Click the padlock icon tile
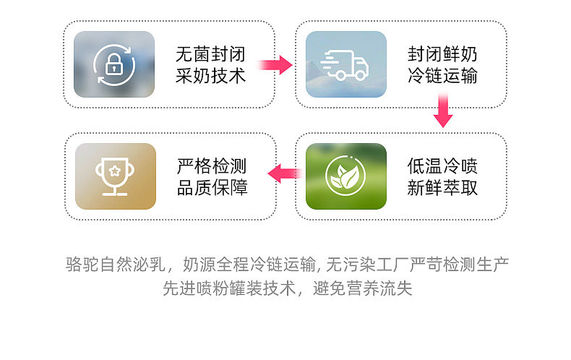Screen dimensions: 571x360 (x=114, y=64)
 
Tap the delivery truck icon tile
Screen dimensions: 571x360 (x=345, y=64)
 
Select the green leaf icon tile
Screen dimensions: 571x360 (x=345, y=176)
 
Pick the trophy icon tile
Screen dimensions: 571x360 (x=114, y=176)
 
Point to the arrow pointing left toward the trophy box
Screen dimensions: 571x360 (x=285, y=173)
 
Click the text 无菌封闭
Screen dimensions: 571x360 (x=211, y=54)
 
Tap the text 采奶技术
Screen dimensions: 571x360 (x=211, y=75)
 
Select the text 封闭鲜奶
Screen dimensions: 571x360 (x=442, y=54)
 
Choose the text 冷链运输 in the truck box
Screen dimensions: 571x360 (x=442, y=75)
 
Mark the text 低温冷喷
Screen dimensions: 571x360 (x=442, y=166)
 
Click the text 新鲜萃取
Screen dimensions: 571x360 (x=442, y=188)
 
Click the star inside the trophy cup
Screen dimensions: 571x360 (x=114, y=171)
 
